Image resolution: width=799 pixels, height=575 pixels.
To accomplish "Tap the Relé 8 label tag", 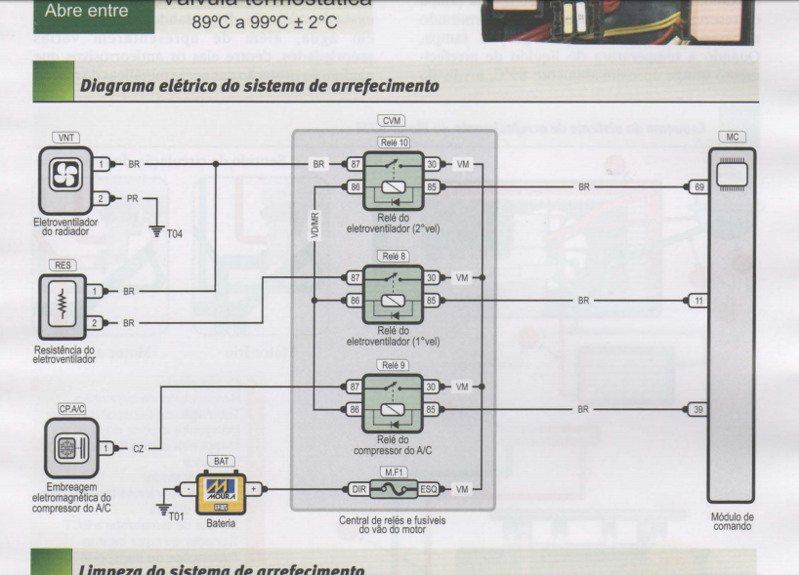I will [x=394, y=255].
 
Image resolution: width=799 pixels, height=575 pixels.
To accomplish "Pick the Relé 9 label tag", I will [x=394, y=364].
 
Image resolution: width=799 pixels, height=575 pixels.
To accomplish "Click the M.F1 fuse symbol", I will [x=393, y=486].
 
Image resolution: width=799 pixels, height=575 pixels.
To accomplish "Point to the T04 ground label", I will [x=173, y=235].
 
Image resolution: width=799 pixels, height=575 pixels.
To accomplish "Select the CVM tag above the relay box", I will [x=393, y=122].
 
